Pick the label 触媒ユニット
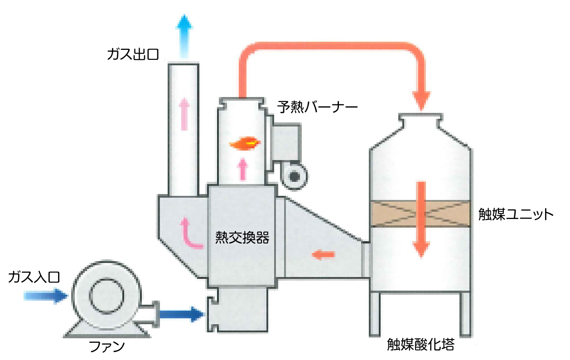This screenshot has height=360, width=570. [x=516, y=214]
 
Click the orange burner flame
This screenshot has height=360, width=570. [x=245, y=144]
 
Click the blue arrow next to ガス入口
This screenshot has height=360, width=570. [x=45, y=296]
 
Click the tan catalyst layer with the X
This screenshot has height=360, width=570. [x=421, y=214]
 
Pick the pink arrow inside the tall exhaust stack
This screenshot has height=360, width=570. [x=184, y=113]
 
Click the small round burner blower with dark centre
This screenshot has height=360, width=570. [x=295, y=176]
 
